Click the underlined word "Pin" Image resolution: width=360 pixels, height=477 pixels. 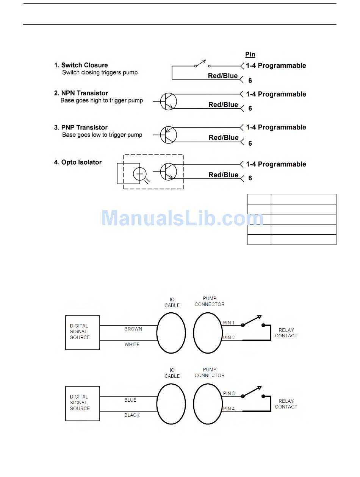[250, 55]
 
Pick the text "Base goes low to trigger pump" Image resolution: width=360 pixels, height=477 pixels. [102, 135]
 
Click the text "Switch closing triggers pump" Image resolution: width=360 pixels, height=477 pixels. [100, 72]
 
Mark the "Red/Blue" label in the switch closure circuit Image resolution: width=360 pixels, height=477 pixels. [223, 76]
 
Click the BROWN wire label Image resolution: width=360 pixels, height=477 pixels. [133, 329]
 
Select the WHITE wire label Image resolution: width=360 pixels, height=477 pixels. [132, 344]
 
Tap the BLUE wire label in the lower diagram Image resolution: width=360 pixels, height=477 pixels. [130, 400]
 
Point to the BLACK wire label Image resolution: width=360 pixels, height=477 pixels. [132, 415]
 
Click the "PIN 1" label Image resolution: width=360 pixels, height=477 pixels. [229, 323]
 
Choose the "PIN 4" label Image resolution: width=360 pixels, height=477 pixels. [229, 409]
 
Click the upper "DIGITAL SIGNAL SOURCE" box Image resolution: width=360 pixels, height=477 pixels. [83, 332]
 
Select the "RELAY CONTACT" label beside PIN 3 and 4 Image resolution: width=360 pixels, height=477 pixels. [286, 404]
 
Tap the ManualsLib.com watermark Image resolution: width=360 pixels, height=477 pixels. [182, 218]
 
